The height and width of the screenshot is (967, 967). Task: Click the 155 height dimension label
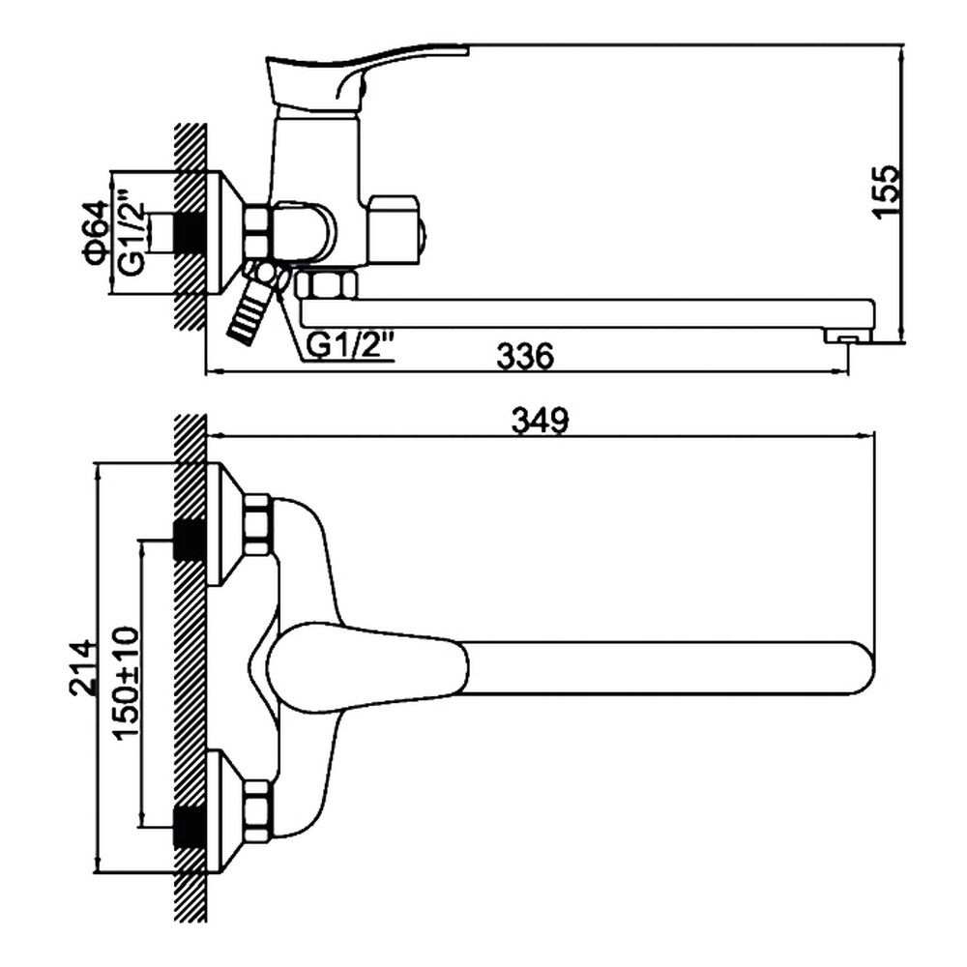pos(887,191)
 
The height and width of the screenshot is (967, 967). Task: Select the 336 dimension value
pos(525,356)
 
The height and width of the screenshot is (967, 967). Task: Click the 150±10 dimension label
pos(127,683)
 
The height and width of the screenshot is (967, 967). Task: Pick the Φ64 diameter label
pos(95,232)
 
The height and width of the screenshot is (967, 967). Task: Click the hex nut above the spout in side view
pos(327,285)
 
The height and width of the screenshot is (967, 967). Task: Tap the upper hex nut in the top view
pos(257,525)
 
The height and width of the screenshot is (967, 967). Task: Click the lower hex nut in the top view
pos(257,811)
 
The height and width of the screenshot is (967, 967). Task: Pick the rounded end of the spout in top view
pos(856,668)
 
